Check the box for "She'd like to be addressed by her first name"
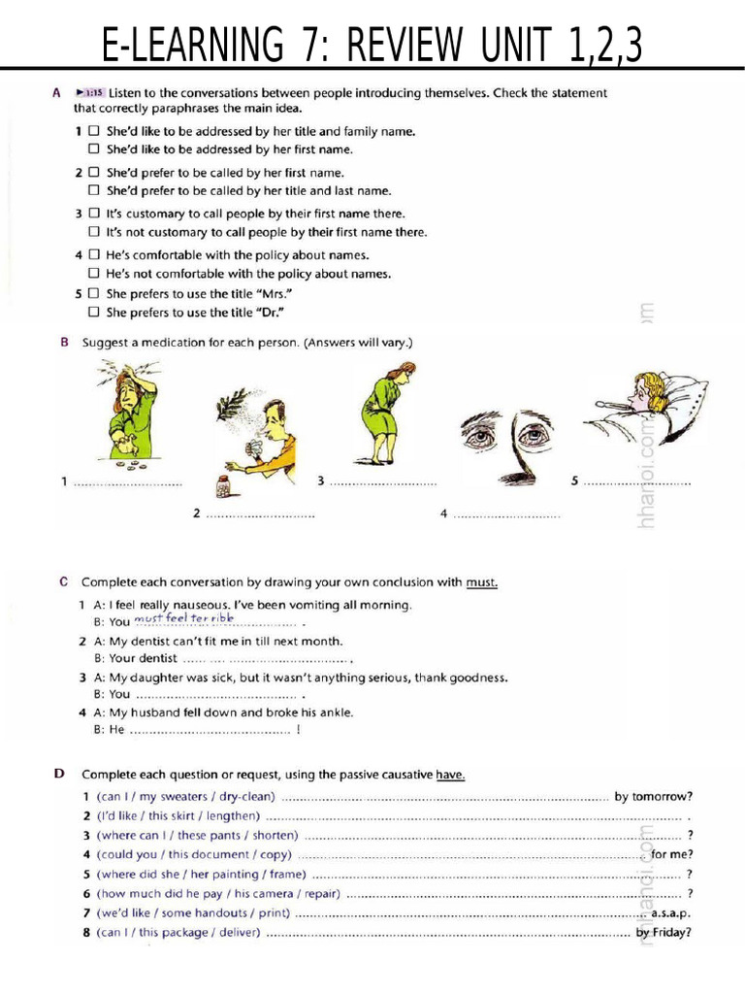[x=94, y=149]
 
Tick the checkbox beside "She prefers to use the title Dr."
[x=94, y=312]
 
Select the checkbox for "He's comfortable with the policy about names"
[x=94, y=255]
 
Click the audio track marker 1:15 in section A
[x=93, y=93]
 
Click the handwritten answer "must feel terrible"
[x=183, y=618]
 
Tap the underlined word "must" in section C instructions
[x=481, y=582]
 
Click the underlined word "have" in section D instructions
[x=450, y=774]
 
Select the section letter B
[x=64, y=343]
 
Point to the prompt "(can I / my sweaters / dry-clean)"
[x=186, y=797]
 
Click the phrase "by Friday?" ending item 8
[x=664, y=933]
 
